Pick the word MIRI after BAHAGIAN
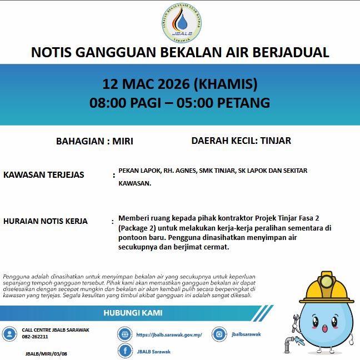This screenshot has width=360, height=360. pos(122,141)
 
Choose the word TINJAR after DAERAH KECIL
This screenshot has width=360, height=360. pos(275,141)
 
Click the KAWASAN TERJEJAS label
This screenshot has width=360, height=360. pos(44,175)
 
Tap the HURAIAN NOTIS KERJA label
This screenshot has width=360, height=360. pos(46,221)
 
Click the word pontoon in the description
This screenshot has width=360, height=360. pos(135,237)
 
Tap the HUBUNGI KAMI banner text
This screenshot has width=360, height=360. pos(133,313)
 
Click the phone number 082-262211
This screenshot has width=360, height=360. pos(35,337)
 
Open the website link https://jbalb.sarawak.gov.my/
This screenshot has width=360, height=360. pos(169,335)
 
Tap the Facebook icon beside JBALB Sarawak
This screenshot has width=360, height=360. pos(125,351)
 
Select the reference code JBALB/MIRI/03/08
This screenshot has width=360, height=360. pos(46,353)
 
